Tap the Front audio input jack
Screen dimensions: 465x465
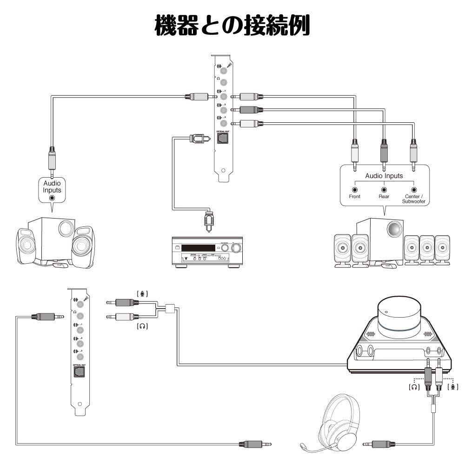355,190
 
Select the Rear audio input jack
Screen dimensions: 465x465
384,190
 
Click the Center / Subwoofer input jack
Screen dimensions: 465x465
413,190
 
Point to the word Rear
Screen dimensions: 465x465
384,197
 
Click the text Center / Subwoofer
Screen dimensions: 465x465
413,199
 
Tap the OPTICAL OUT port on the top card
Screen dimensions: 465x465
223,139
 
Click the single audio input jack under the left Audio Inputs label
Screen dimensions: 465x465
52,197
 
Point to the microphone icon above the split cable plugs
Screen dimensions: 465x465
143,293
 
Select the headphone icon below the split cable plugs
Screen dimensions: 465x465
143,326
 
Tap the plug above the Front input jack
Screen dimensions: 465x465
355,153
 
